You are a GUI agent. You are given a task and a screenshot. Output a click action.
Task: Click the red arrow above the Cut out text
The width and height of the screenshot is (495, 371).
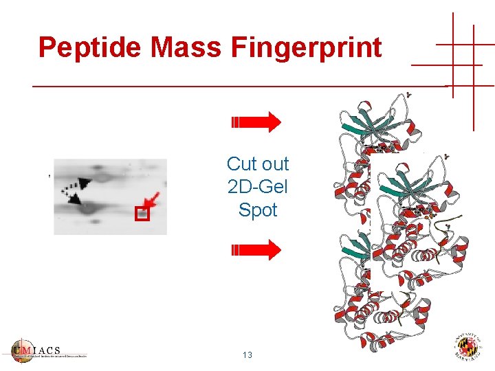click(x=256, y=122)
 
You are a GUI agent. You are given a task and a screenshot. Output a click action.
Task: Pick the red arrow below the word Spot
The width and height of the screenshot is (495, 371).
click(x=256, y=249)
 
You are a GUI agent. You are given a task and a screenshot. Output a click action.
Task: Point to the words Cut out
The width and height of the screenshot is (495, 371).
click(x=258, y=164)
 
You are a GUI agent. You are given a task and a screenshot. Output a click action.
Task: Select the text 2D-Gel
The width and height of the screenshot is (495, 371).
click(x=258, y=187)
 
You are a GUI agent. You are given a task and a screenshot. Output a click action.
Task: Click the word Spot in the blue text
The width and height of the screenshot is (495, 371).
click(x=258, y=210)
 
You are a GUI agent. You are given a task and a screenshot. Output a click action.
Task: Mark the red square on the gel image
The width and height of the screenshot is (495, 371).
click(x=142, y=214)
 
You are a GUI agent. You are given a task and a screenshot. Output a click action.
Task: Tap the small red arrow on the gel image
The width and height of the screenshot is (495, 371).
click(x=153, y=201)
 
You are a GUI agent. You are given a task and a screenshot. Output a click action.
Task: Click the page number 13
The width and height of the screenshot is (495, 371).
click(x=247, y=355)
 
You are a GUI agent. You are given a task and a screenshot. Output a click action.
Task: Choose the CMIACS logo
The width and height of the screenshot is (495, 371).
click(x=48, y=350)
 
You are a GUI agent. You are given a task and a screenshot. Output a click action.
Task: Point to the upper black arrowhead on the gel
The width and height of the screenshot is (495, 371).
click(x=84, y=183)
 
